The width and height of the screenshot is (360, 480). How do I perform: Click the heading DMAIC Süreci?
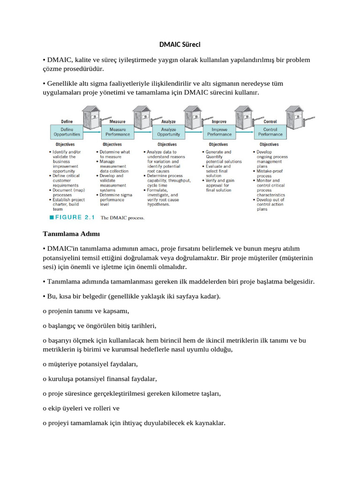coord(180,45)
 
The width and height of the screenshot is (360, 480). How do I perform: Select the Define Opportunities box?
coord(67,132)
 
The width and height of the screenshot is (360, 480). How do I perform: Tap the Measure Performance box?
coord(118,132)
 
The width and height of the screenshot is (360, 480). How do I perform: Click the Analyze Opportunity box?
coord(168,132)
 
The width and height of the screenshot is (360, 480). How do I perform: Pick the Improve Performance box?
coord(219,132)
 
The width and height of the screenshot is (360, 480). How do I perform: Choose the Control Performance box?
coord(270,132)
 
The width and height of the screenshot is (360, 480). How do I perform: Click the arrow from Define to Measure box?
coord(93,132)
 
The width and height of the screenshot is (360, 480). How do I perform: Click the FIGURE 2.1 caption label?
coord(73,217)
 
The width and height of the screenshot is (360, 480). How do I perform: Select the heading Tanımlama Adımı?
coord(66,233)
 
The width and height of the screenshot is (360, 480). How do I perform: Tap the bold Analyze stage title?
coord(168,121)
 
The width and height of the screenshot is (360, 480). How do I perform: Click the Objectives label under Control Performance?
coord(269,144)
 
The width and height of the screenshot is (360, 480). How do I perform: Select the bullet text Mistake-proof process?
coord(270,173)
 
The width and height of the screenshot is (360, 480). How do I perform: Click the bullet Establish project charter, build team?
coord(67,203)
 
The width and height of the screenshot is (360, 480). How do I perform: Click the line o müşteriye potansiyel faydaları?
coord(90,364)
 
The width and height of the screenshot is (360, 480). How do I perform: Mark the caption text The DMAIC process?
coord(123,217)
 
